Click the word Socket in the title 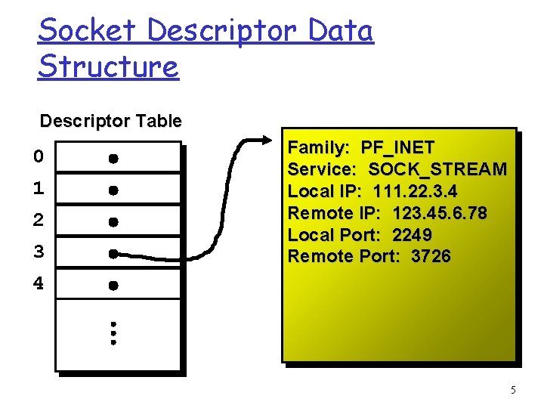click(87, 31)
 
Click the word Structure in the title click(108, 66)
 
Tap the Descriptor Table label click(110, 121)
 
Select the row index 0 click(39, 157)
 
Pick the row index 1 click(39, 189)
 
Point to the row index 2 click(39, 221)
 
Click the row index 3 click(39, 252)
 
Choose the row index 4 click(39, 285)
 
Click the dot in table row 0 click(113, 159)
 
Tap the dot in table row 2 click(113, 222)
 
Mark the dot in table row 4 click(113, 286)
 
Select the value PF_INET click(397, 147)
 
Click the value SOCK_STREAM click(437, 169)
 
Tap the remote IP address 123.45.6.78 click(440, 213)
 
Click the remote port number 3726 click(431, 257)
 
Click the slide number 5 click(513, 391)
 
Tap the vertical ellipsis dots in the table click(113, 332)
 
